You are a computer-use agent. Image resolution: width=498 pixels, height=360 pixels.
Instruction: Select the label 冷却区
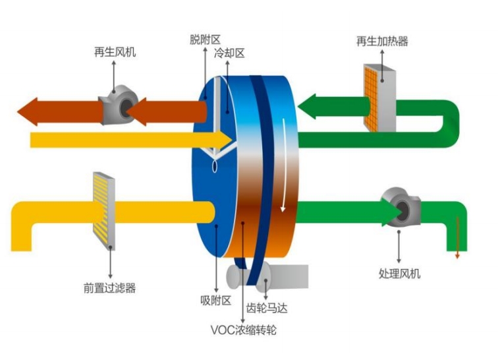pos(229,54)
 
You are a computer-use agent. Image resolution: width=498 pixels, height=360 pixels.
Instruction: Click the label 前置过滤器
pos(109,288)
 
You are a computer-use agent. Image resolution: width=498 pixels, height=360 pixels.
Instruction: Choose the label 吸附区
pos(215,301)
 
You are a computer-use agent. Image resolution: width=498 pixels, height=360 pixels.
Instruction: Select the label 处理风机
pos(399,274)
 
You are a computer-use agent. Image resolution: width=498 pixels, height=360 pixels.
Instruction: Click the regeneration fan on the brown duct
pos(117,105)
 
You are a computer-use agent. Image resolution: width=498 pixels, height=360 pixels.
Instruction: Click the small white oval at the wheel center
pos(215,167)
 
